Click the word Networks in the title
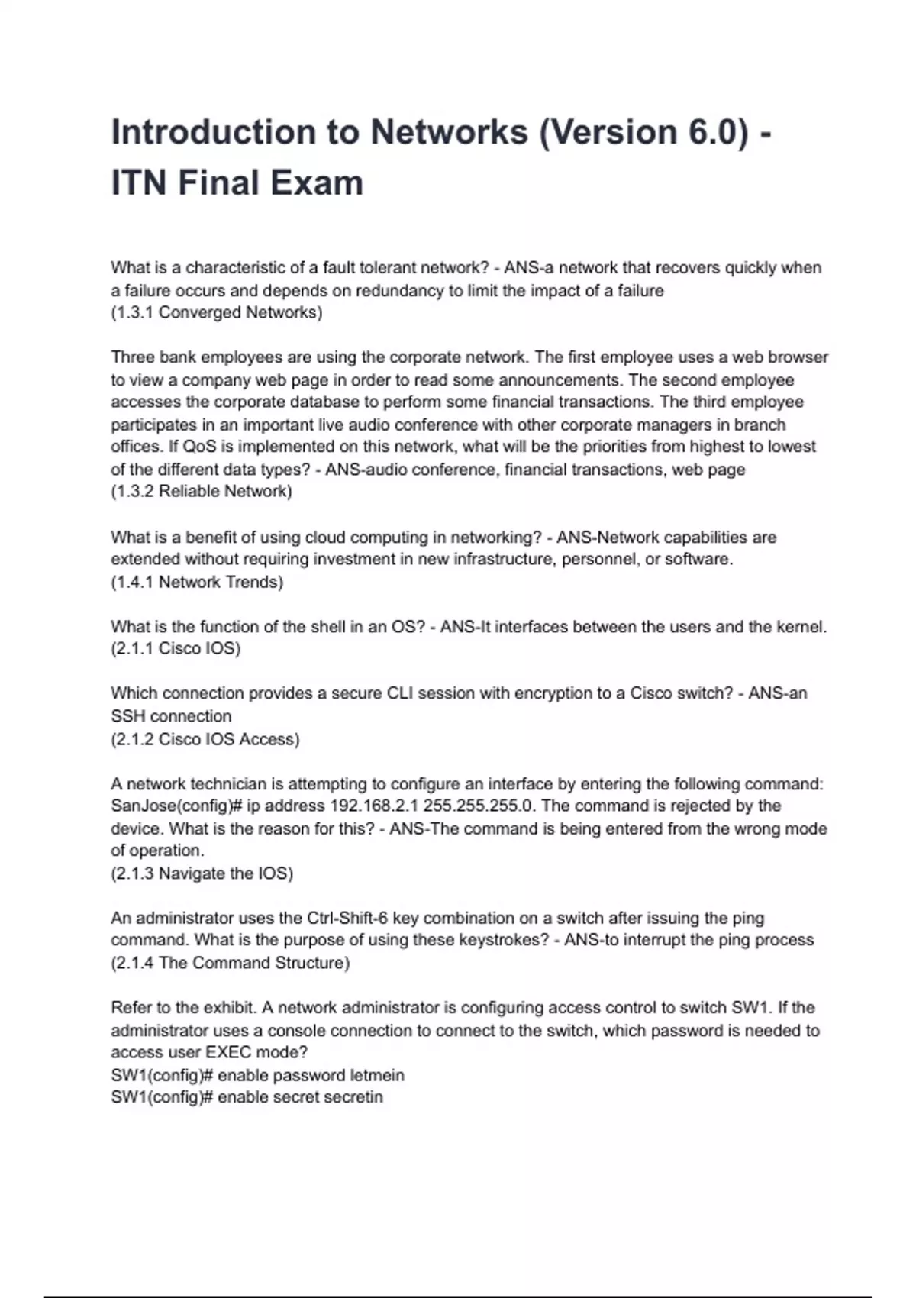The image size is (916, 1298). point(449,132)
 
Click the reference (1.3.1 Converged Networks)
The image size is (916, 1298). point(217,312)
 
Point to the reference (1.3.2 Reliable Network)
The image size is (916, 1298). point(202,491)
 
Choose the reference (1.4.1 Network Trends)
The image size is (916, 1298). point(197,582)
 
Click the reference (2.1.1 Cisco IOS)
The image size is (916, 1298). point(176,648)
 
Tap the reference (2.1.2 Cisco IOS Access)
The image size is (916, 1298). point(205,739)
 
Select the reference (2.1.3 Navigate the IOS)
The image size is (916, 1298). point(202,873)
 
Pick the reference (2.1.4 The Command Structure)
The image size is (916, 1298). point(231,963)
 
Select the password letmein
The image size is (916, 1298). point(376,1075)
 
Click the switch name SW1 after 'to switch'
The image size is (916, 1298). point(751,1007)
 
